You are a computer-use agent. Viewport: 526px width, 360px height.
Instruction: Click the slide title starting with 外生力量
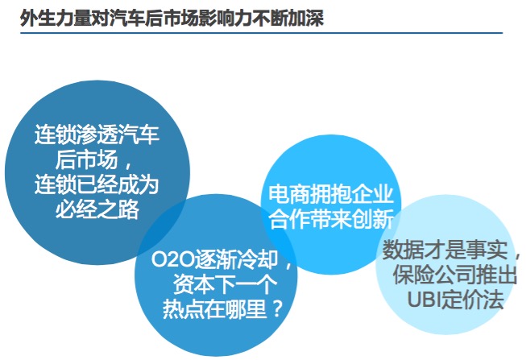tap(172, 18)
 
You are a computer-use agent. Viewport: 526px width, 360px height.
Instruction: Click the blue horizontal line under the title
tap(261, 33)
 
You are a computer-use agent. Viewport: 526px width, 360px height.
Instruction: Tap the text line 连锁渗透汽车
tap(97, 134)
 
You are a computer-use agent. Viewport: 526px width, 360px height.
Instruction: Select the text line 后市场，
tap(93, 159)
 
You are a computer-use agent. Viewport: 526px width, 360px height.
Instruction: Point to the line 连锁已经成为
tap(97, 184)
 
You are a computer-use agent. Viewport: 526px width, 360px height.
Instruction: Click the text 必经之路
tap(97, 209)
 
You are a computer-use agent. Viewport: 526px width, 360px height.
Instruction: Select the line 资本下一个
tap(225, 284)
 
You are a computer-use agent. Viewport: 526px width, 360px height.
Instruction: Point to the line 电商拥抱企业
tap(331, 194)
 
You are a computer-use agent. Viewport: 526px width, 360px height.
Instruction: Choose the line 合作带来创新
tap(331, 219)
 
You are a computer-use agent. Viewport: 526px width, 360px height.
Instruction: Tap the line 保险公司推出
tap(455, 275)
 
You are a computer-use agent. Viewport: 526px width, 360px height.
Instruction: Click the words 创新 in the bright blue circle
tap(373, 219)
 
